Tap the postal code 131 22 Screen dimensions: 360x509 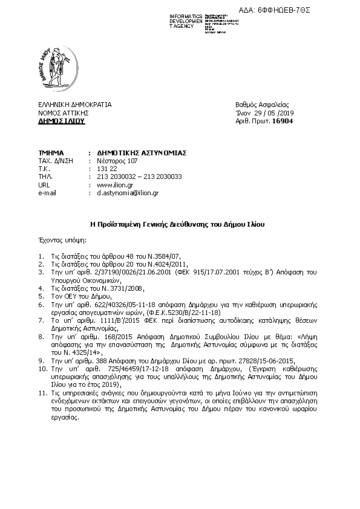[x=106, y=169]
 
